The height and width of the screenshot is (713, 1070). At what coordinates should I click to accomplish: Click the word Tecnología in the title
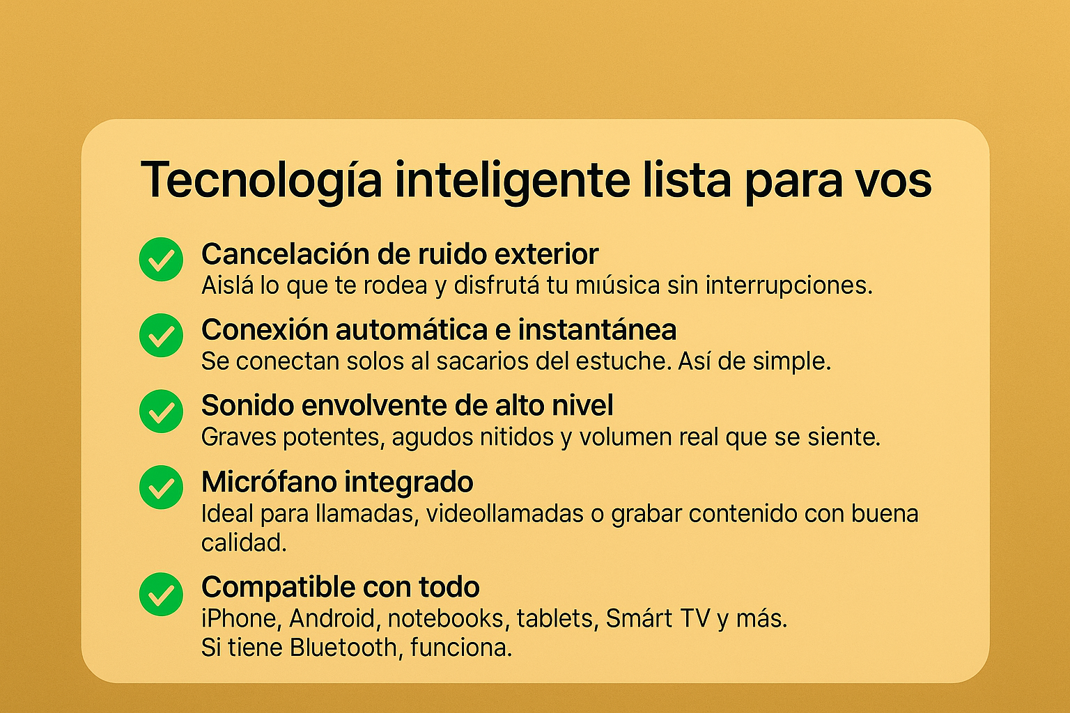tap(261, 181)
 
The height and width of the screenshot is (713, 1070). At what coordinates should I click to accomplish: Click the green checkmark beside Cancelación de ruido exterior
tap(161, 259)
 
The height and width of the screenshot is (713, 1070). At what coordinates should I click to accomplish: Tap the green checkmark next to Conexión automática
tap(161, 335)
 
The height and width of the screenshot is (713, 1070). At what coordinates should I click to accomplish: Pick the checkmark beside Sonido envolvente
tap(161, 412)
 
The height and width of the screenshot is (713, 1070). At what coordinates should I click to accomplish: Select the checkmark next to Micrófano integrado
tap(161, 487)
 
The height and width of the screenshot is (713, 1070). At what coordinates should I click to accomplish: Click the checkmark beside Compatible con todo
tap(161, 594)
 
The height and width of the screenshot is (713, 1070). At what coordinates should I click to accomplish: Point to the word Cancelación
tap(284, 253)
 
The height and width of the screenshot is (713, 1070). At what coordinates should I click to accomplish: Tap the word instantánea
tap(598, 329)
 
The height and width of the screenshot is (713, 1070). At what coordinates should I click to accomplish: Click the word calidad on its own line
tap(244, 542)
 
